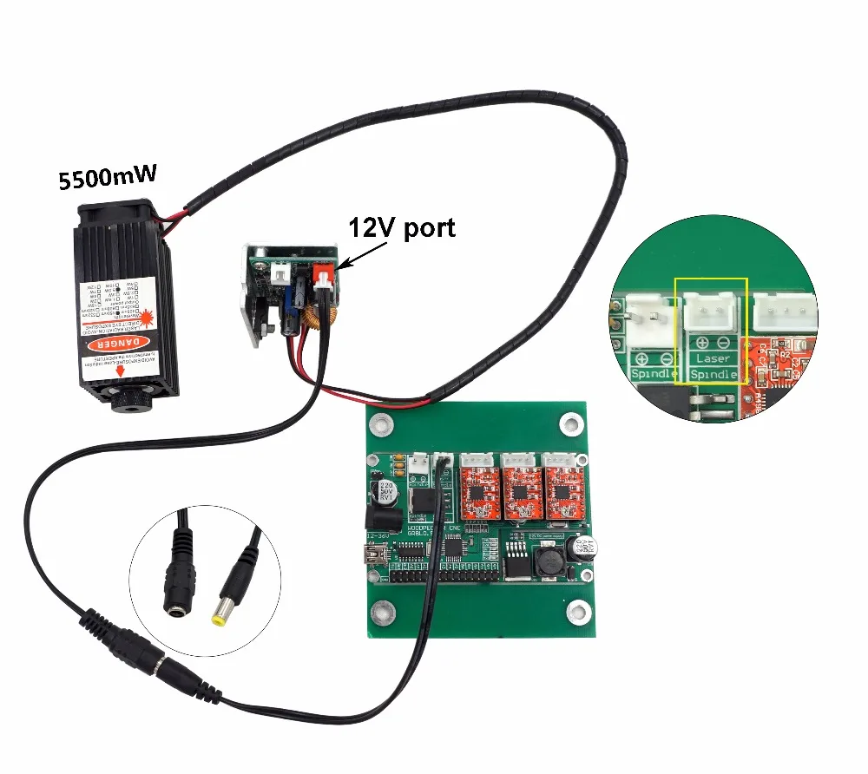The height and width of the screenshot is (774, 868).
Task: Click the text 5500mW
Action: point(107,179)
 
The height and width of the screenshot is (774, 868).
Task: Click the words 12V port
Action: point(401,228)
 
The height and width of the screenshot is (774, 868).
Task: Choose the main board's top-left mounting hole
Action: point(378,424)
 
